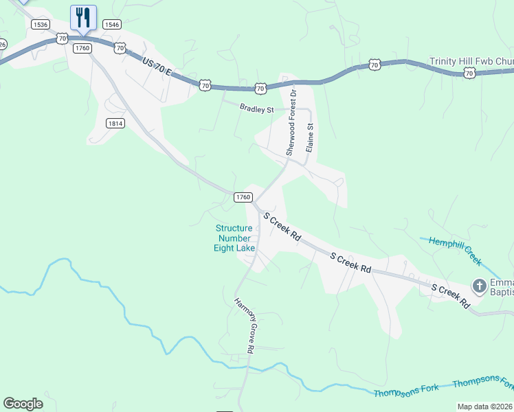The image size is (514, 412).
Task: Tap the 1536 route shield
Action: coord(41,24)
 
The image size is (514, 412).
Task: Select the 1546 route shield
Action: coord(111,24)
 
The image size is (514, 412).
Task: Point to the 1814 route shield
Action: coord(115,123)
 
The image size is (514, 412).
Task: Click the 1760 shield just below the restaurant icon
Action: coord(82,47)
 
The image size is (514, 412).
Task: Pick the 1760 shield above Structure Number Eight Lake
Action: coord(242,196)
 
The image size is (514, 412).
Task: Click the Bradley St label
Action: coord(256,108)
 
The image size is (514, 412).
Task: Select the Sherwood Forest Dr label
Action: coord(291,121)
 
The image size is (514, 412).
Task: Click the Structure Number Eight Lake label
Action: coord(234,238)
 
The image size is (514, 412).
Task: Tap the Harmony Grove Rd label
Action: coord(244,325)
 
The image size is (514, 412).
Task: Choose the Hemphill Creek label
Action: coord(455,250)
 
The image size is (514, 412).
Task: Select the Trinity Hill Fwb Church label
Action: coord(471,61)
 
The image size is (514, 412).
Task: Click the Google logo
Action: coord(23,404)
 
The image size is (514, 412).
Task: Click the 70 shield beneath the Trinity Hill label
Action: coord(469,72)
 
